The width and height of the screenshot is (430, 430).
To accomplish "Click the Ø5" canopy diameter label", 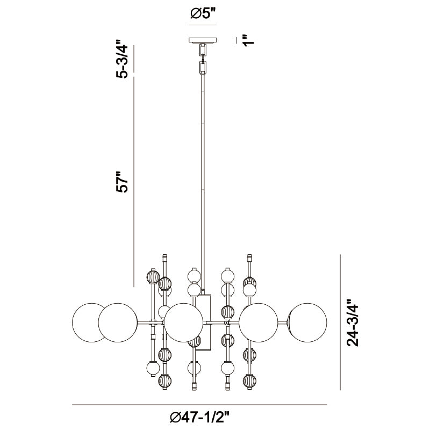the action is [203, 14].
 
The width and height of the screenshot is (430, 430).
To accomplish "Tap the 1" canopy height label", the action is [249, 40].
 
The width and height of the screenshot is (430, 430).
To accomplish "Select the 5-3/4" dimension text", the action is [121, 60].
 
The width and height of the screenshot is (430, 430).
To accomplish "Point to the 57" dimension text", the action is [121, 182].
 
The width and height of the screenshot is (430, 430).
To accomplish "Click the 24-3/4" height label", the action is [353, 323].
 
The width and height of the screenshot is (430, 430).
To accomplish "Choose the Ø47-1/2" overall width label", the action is [199, 419].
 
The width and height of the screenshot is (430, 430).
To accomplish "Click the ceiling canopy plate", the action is [203, 40].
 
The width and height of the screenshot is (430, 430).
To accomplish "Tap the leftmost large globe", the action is [89, 323].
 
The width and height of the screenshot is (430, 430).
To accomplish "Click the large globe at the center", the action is [184, 323].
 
